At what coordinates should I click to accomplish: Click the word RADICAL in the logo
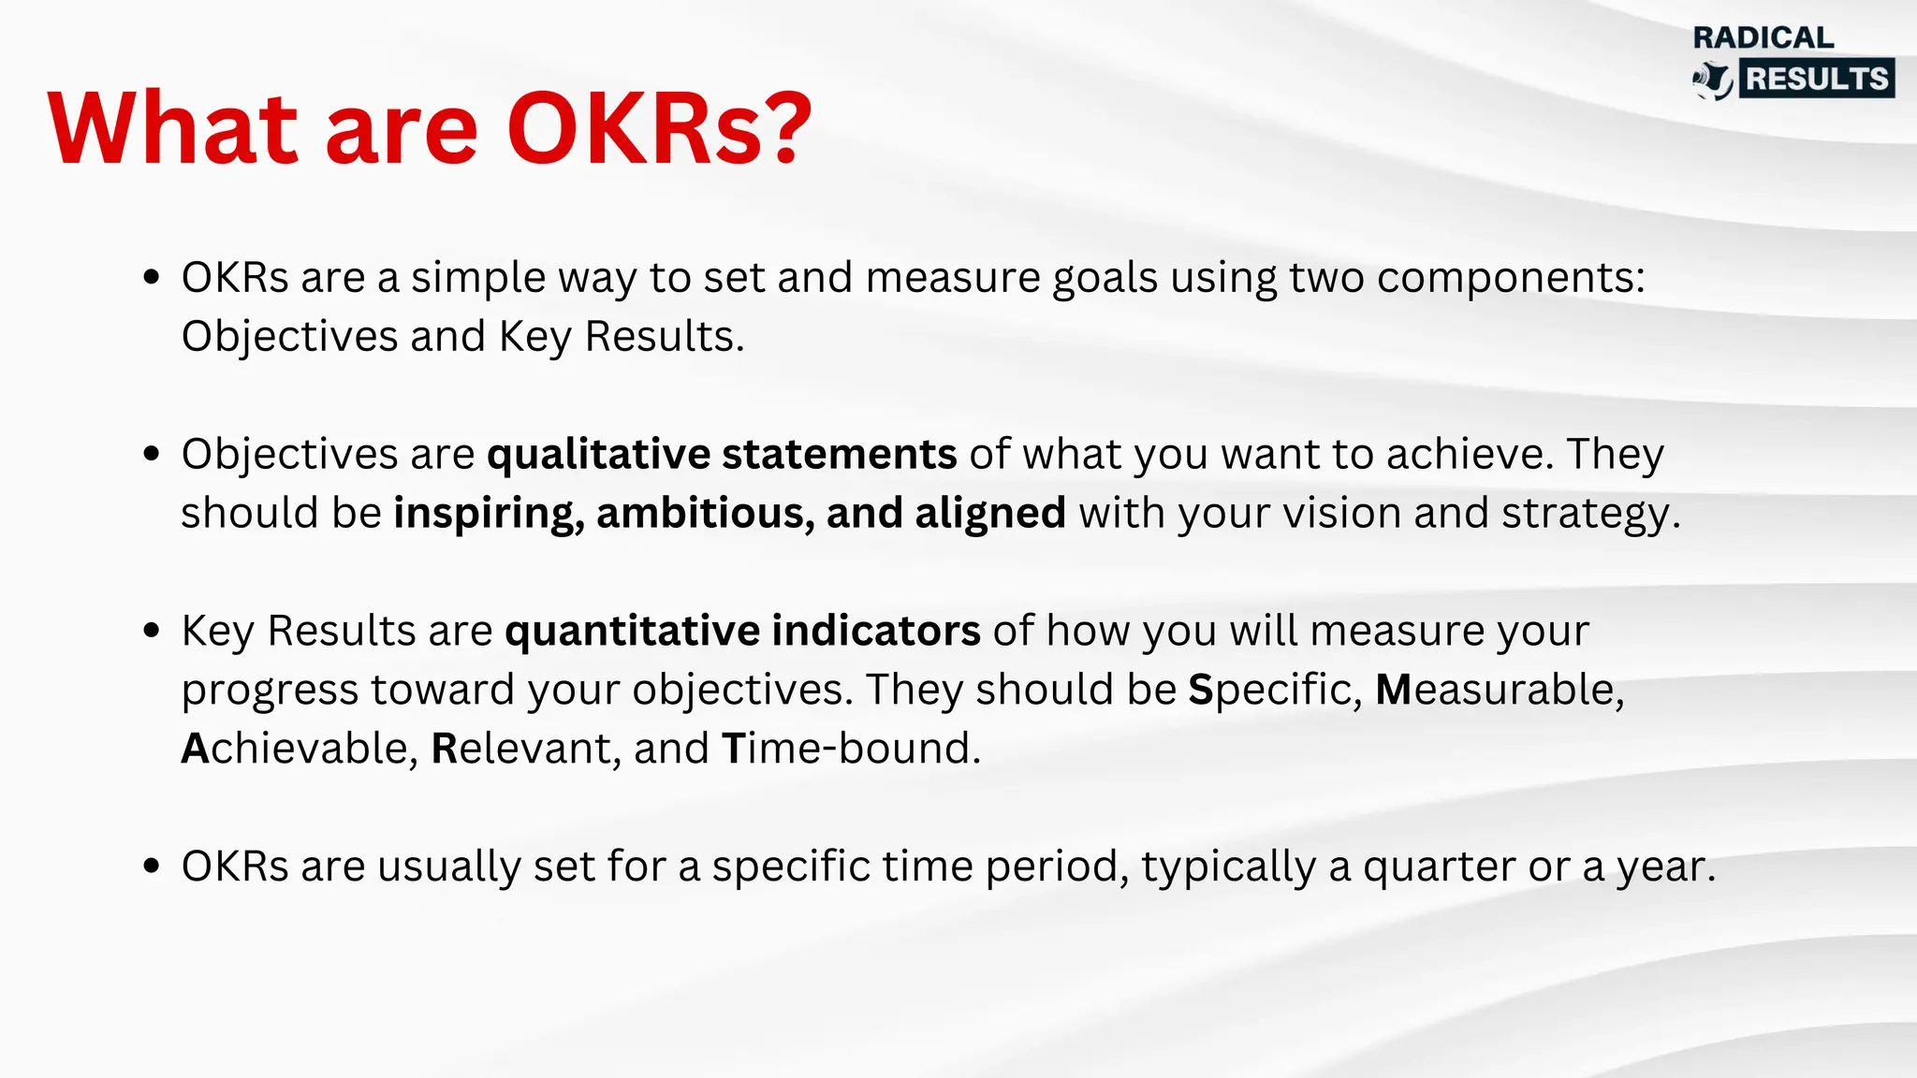[x=1763, y=37]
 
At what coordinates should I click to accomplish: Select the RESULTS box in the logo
[x=1817, y=79]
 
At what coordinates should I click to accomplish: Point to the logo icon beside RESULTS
[x=1713, y=80]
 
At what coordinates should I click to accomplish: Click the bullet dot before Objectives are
[x=152, y=454]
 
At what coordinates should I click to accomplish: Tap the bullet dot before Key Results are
[x=152, y=631]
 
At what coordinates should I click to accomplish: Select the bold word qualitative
[x=599, y=455]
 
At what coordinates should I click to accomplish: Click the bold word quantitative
[x=632, y=632]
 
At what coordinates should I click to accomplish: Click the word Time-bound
[x=851, y=749]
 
